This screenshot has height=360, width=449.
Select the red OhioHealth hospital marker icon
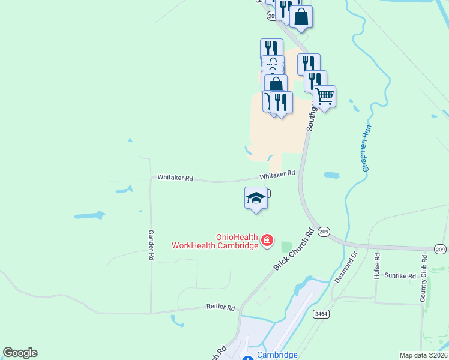(267, 242)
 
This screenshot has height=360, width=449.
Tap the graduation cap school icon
(256, 199)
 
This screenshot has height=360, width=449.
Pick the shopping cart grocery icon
(325, 96)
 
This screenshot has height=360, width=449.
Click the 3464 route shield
(321, 314)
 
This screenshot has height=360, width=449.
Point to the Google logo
(20, 353)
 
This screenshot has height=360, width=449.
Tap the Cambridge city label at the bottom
(277, 355)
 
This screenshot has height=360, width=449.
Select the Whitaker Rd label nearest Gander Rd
(175, 178)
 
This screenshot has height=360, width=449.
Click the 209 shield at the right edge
(441, 248)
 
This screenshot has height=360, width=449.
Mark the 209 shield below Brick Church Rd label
(324, 232)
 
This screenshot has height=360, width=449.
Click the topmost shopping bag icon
(301, 17)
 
